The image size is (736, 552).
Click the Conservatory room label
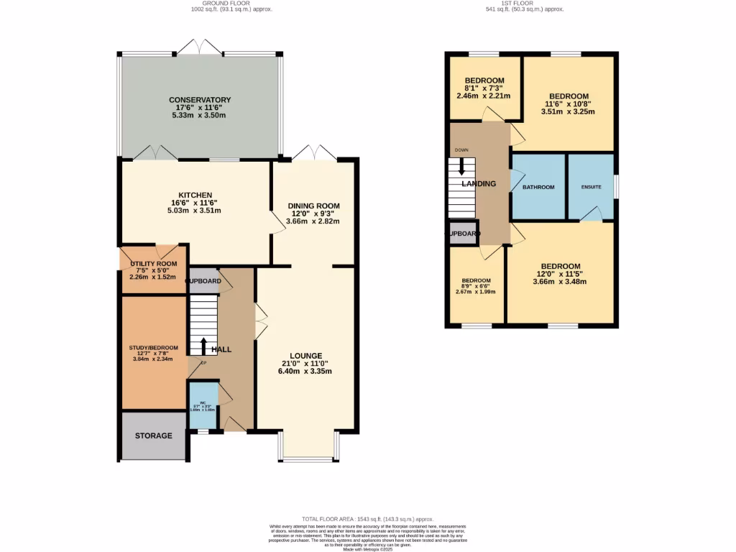[x=200, y=100]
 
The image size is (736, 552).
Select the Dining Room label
[x=313, y=206]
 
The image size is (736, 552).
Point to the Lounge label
[x=305, y=356]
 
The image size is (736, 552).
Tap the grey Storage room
[x=154, y=436]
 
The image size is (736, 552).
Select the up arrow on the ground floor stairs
[x=204, y=346]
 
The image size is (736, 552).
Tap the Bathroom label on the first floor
[x=538, y=187]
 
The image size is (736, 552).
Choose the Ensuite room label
[x=590, y=187]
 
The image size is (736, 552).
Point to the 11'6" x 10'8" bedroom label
[x=569, y=96]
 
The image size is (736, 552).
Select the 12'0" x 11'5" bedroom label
[x=560, y=266]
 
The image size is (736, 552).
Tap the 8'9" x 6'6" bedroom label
[x=476, y=280]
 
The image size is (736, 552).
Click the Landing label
[x=479, y=184]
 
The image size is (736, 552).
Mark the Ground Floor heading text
[x=231, y=4]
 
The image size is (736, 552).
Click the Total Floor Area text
[x=367, y=518]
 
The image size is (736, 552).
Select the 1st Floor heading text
[x=524, y=4]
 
